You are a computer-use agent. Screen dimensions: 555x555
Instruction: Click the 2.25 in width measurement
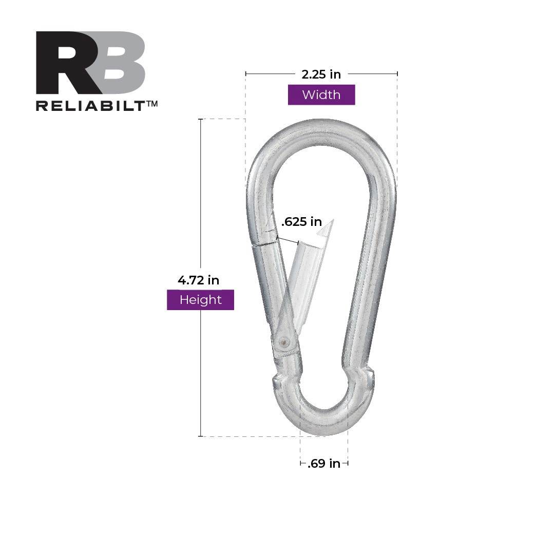(321, 74)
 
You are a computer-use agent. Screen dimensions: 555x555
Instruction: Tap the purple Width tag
(321, 95)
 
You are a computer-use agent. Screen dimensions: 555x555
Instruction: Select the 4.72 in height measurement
(198, 280)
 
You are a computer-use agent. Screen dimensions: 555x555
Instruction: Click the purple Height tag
(200, 300)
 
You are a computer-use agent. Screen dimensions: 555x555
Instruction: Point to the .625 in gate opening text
(301, 222)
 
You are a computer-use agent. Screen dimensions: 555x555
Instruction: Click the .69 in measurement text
(324, 464)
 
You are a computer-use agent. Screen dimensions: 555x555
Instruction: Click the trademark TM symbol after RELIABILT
(152, 103)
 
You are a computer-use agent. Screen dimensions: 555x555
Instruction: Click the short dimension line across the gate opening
(288, 240)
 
